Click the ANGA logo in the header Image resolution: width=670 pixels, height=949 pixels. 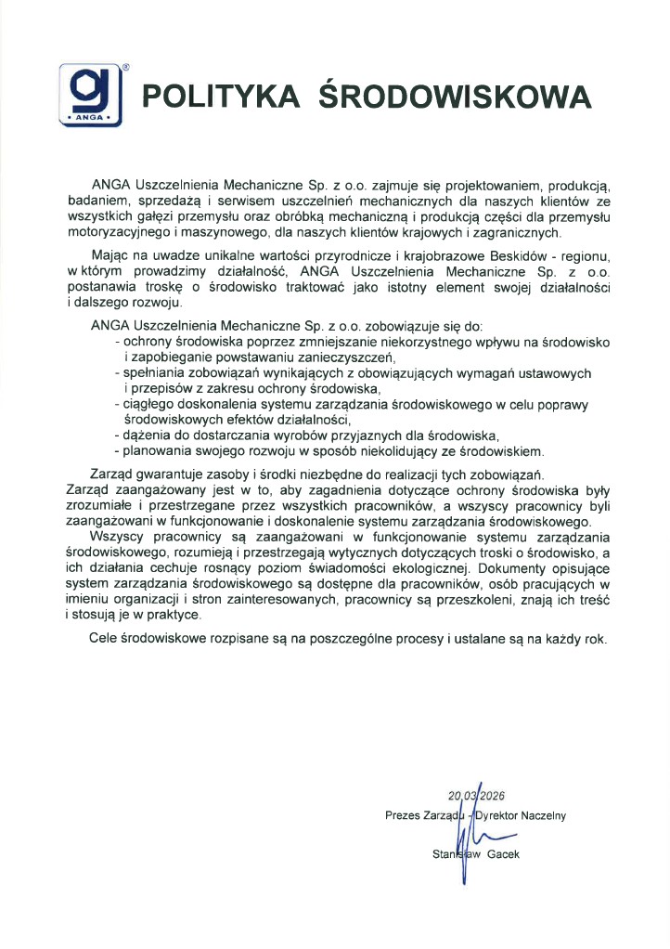coord(92,95)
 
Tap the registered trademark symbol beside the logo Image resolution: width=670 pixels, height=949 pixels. coord(126,67)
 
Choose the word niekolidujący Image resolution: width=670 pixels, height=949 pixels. coord(382,452)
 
